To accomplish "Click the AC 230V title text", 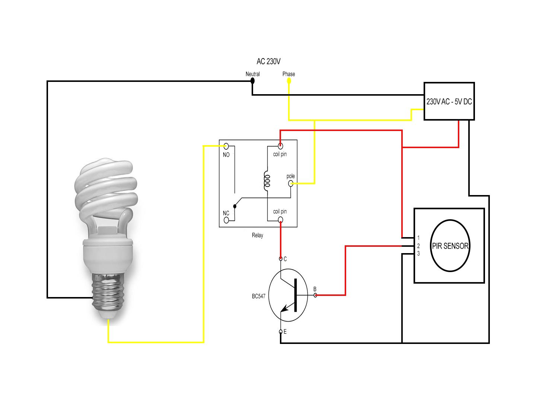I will point(268,61).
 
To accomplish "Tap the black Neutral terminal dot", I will point(252,80).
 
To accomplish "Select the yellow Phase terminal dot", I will point(288,80).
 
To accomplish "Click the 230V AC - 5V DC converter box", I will point(449,101).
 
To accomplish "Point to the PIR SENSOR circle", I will point(450,246).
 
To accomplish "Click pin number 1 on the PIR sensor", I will point(418,238).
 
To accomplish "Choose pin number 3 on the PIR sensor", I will point(418,254).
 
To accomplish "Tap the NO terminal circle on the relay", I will point(226,146).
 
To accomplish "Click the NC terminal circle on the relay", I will point(226,220).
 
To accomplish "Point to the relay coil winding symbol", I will point(267,179).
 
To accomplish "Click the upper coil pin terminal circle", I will point(280,146).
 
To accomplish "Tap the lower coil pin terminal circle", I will point(280,220).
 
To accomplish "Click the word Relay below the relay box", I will point(257,235).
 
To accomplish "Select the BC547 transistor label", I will point(259,296).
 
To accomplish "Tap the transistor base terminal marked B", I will point(315,295).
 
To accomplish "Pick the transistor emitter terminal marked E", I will point(281,331).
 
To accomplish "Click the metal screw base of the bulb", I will point(108,292).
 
